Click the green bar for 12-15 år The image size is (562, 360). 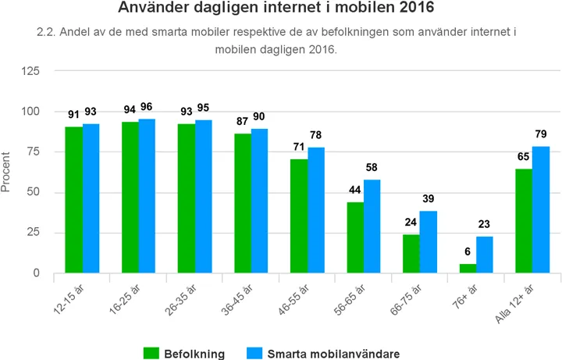pyautogui.click(x=73, y=200)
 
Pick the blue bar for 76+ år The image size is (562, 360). pyautogui.click(x=485, y=255)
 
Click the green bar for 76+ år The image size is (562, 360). pyautogui.click(x=468, y=269)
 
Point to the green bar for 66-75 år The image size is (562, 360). pyautogui.click(x=411, y=254)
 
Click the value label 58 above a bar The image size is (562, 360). pyautogui.click(x=372, y=168)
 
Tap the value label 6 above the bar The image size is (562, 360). pyautogui.click(x=468, y=252)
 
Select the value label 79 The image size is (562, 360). pyautogui.click(x=541, y=134)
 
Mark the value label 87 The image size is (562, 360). pyautogui.click(x=243, y=122)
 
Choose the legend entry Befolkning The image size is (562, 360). pyautogui.click(x=194, y=353)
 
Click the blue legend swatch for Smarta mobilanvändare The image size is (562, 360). pyautogui.click(x=254, y=353)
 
